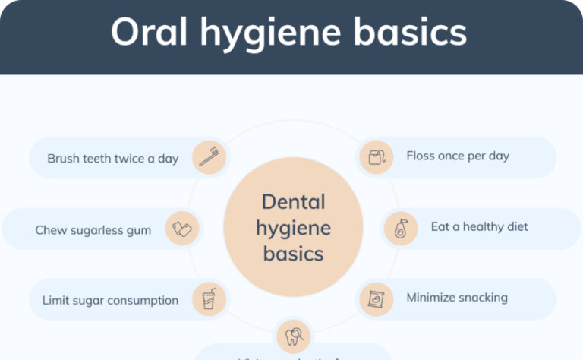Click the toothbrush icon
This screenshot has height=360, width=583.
209,156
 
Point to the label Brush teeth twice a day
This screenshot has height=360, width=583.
112,159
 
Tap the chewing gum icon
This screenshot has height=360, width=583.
182,229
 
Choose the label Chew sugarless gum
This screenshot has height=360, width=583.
93,230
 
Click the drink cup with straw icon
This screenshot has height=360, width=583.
209,299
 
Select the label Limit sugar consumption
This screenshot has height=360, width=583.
110,300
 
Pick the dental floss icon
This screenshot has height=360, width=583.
376,157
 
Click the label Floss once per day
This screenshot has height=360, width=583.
457,156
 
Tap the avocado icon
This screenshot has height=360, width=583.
400,228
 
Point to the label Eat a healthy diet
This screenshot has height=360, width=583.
479,226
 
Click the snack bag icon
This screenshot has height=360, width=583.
375,298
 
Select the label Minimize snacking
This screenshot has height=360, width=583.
456,297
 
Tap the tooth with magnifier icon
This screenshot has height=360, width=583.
292,335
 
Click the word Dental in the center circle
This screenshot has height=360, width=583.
293,202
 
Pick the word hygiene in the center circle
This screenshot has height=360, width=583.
293,227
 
